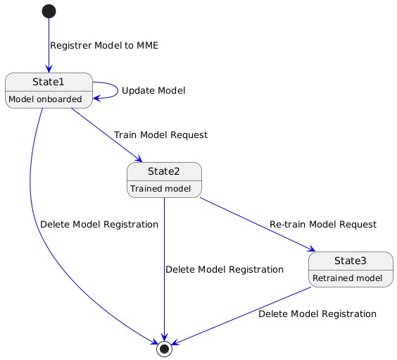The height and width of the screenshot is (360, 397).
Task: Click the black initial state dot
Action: [x=49, y=11]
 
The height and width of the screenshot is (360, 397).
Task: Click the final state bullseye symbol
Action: [x=164, y=349]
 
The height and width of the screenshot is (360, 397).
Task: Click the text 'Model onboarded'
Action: [x=45, y=99]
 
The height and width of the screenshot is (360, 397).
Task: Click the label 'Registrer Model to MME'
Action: [x=104, y=46]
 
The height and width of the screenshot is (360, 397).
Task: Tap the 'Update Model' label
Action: [x=153, y=91]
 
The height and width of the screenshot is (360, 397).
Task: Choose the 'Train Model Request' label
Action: [x=160, y=135]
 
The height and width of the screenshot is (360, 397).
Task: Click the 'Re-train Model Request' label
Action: [x=322, y=224]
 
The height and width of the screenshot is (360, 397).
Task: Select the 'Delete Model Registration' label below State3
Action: [x=317, y=314]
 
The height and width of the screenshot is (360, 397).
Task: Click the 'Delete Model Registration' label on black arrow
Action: [x=224, y=270]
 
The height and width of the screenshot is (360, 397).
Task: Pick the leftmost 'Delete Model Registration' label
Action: [x=99, y=225]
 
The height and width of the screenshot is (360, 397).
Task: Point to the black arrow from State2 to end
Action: [x=164, y=268]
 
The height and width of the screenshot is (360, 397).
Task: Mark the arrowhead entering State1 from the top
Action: [x=49, y=69]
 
